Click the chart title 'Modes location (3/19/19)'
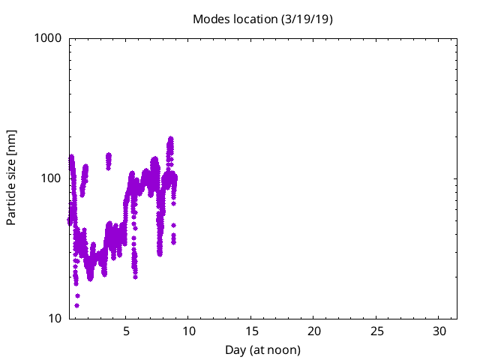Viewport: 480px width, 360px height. pyautogui.click(x=262, y=19)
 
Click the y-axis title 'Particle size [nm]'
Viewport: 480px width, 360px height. pyautogui.click(x=12, y=178)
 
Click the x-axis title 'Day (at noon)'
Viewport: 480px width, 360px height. pyautogui.click(x=262, y=349)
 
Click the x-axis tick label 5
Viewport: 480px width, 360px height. pyautogui.click(x=126, y=331)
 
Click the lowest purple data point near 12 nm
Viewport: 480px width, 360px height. pyautogui.click(x=76, y=305)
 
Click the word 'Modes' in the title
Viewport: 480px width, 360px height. pyautogui.click(x=210, y=19)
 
